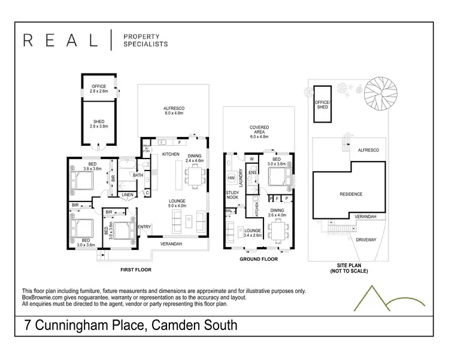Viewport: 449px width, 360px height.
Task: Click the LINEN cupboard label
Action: pyautogui.click(x=127, y=195)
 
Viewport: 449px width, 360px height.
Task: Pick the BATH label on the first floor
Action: pyautogui.click(x=138, y=175)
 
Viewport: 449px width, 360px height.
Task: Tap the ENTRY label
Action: pyautogui.click(x=144, y=227)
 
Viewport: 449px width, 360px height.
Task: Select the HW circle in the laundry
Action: pyautogui.click(x=231, y=178)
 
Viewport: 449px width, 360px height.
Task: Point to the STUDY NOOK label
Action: pyautogui.click(x=232, y=195)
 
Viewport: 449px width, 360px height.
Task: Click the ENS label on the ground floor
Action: pyautogui.click(x=253, y=173)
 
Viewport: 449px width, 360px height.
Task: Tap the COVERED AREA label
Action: pyautogui.click(x=259, y=132)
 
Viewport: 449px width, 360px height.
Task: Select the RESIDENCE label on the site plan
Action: pyautogui.click(x=351, y=194)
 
